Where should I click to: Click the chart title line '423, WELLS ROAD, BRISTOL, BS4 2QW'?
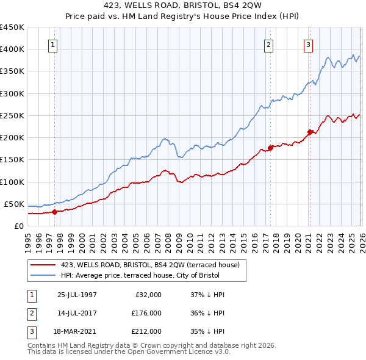pos(182,5)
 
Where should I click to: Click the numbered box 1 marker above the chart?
pos(54,44)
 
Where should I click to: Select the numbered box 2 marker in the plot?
pos(268,44)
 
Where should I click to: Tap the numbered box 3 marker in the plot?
pos(308,44)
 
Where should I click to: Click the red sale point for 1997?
pos(54,212)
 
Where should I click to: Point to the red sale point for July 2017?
pos(270,148)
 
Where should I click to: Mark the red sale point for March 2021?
pos(310,132)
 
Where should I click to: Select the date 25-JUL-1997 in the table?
pos(77,295)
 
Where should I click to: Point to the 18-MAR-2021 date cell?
pos(77,331)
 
